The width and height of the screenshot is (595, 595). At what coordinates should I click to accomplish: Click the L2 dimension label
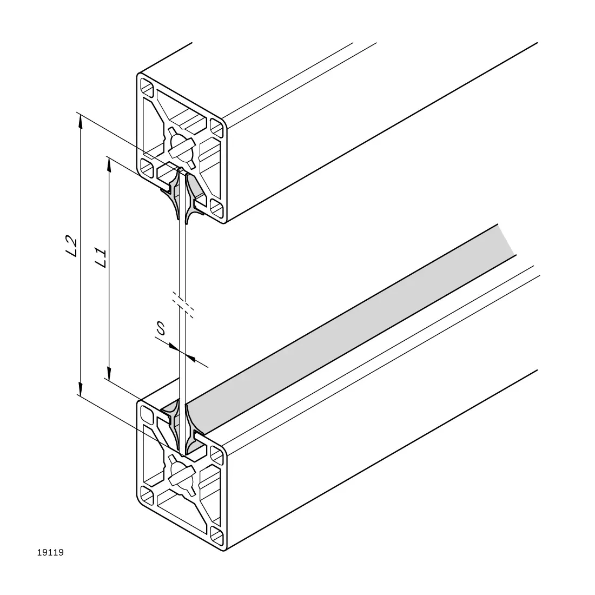tap(71, 246)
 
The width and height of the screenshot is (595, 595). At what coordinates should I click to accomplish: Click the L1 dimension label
tap(100, 257)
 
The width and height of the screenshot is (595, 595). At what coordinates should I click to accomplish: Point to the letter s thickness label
tap(161, 328)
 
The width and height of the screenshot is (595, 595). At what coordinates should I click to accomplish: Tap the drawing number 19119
tap(50, 552)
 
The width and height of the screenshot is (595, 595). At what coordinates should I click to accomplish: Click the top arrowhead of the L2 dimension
tap(81, 121)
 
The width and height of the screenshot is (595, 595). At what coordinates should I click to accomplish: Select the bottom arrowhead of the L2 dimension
tap(81, 388)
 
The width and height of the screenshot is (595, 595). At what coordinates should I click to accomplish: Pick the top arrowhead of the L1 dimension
tap(109, 166)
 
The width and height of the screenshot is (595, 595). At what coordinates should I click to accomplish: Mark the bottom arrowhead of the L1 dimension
tap(109, 373)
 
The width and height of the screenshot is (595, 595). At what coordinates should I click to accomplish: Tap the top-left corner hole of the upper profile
tap(147, 86)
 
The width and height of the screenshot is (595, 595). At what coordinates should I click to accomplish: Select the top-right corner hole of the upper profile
tap(217, 127)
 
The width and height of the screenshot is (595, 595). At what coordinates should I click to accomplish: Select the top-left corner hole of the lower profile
tap(147, 414)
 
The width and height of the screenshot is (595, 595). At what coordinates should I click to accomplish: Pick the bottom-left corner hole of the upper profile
tap(147, 166)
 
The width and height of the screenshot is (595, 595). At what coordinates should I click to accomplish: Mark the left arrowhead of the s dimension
tap(173, 346)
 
